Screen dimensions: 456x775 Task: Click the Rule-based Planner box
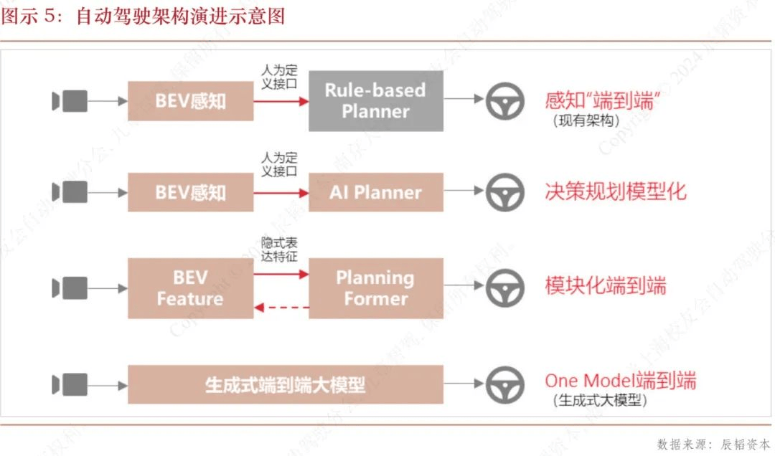tap(375, 101)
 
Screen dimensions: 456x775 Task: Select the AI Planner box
tap(375, 192)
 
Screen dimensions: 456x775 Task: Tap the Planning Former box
tap(375, 288)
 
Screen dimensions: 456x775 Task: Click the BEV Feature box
tap(190, 288)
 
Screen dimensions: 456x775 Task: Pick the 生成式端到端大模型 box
tap(285, 384)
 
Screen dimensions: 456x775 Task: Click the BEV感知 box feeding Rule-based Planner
tap(190, 101)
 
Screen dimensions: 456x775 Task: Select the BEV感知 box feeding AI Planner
tap(190, 192)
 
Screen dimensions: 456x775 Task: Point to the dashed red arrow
tap(281, 308)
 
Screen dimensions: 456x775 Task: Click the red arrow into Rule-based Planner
tap(281, 101)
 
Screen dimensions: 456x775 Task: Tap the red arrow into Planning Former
tap(281, 274)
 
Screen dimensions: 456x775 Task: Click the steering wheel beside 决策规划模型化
tap(505, 192)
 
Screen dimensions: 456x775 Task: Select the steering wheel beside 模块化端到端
tap(505, 288)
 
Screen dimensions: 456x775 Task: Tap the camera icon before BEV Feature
tap(70, 288)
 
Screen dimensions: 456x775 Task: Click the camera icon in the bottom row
tap(70, 384)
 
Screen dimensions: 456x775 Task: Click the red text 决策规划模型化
tap(615, 191)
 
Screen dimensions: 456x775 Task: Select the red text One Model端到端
tap(620, 380)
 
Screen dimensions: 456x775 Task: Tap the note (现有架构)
tap(586, 120)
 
